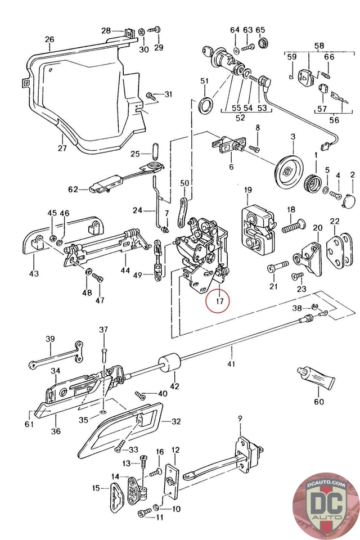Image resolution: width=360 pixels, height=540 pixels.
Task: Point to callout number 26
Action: [x=49, y=39]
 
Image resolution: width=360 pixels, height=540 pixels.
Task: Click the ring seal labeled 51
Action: [x=206, y=105]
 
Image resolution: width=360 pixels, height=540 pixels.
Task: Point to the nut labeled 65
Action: [x=262, y=43]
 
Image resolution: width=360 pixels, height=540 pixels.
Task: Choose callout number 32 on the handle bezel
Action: [x=176, y=421]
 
